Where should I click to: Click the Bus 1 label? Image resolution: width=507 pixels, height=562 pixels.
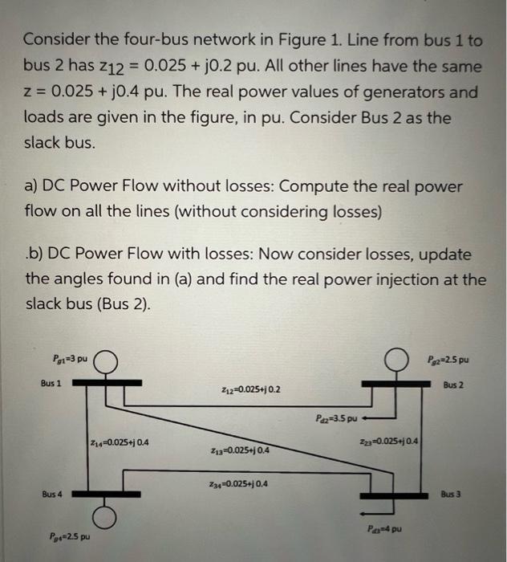[52, 384]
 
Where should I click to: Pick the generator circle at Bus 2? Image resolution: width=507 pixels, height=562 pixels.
[395, 361]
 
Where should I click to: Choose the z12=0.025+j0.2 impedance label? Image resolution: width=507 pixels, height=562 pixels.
[250, 389]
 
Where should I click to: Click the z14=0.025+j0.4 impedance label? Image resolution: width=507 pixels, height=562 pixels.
[120, 441]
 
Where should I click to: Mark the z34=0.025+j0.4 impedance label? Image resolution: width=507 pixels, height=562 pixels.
[240, 484]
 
